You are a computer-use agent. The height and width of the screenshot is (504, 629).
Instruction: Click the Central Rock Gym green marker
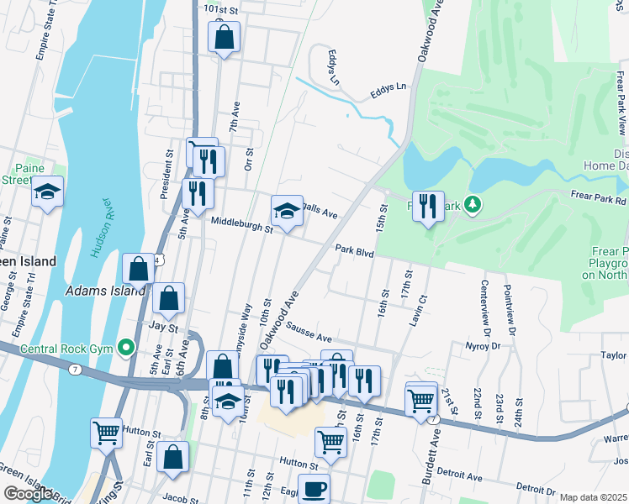[127, 346]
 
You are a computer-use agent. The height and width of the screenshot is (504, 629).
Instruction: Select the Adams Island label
[98, 292]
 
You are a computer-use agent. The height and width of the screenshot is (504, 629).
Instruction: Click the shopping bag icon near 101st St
[224, 37]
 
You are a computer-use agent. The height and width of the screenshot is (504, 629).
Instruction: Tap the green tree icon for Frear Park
[473, 204]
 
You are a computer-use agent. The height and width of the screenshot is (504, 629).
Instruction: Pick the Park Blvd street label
[353, 249]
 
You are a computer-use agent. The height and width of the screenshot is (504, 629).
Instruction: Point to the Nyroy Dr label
[483, 345]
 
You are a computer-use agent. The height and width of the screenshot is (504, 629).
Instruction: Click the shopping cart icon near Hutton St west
[107, 433]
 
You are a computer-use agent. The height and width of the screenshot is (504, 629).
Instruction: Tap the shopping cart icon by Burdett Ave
[421, 401]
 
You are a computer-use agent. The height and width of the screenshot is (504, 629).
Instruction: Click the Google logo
[29, 494]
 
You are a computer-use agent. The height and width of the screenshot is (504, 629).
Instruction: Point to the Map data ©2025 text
[594, 497]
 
